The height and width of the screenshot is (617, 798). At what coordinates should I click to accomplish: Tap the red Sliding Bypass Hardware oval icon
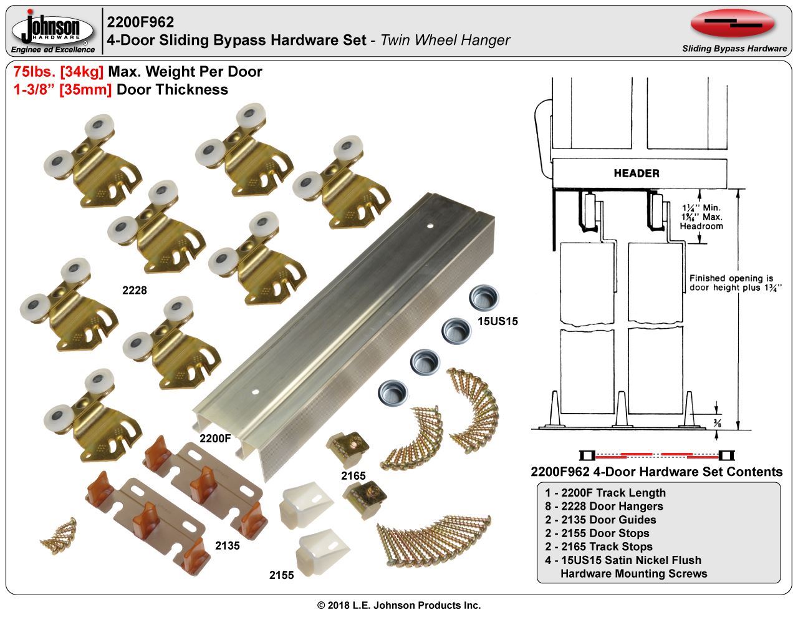point(732,24)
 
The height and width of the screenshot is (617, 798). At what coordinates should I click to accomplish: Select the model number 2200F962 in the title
point(140,22)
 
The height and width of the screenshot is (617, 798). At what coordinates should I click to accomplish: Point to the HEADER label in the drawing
point(636,173)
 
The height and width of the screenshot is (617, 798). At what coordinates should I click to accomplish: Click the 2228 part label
point(134,289)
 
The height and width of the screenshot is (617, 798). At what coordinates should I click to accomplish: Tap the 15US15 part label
point(498,322)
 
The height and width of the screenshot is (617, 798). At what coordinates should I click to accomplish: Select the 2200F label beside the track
point(215,438)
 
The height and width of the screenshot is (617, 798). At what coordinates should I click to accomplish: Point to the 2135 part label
point(228,545)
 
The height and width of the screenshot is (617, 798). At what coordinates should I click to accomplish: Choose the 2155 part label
point(281,575)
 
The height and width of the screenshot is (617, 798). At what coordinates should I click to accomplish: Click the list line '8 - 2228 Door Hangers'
point(603,506)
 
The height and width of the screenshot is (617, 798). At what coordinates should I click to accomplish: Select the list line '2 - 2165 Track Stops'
point(598,547)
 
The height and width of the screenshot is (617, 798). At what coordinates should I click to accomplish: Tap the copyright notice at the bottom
point(399,605)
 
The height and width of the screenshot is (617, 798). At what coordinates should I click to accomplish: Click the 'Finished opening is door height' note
point(731,283)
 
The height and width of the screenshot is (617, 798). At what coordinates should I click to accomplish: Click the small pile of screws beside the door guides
point(59,532)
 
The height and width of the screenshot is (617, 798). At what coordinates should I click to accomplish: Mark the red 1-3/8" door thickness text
point(62,89)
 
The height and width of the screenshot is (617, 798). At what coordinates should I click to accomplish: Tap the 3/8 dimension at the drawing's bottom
point(718,424)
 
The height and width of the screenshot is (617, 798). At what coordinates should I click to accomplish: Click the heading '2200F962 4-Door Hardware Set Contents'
point(656,472)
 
